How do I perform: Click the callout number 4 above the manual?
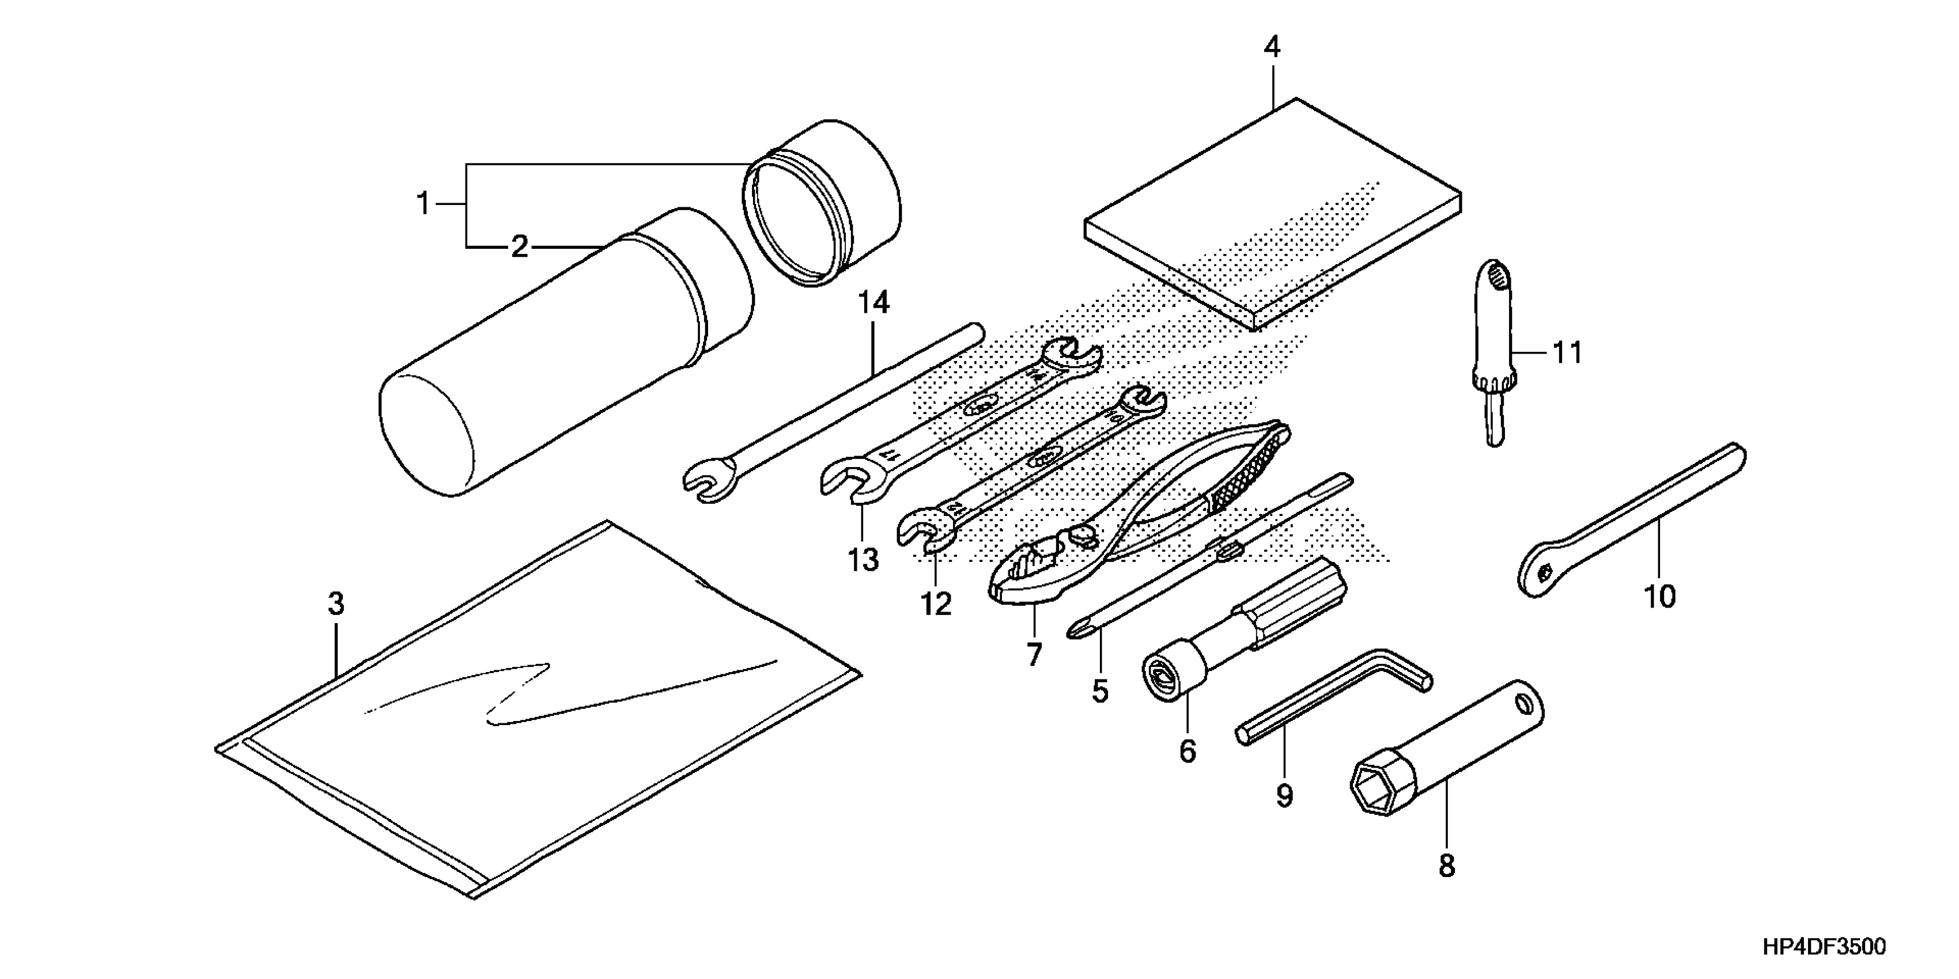tap(1272, 48)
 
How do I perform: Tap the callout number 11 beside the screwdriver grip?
tap(1567, 352)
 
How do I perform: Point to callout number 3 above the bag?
tap(336, 604)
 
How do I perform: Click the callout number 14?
tap(874, 303)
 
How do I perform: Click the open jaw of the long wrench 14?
tap(707, 483)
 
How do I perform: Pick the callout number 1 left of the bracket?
tap(423, 204)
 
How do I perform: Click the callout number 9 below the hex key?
tap(1284, 796)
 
